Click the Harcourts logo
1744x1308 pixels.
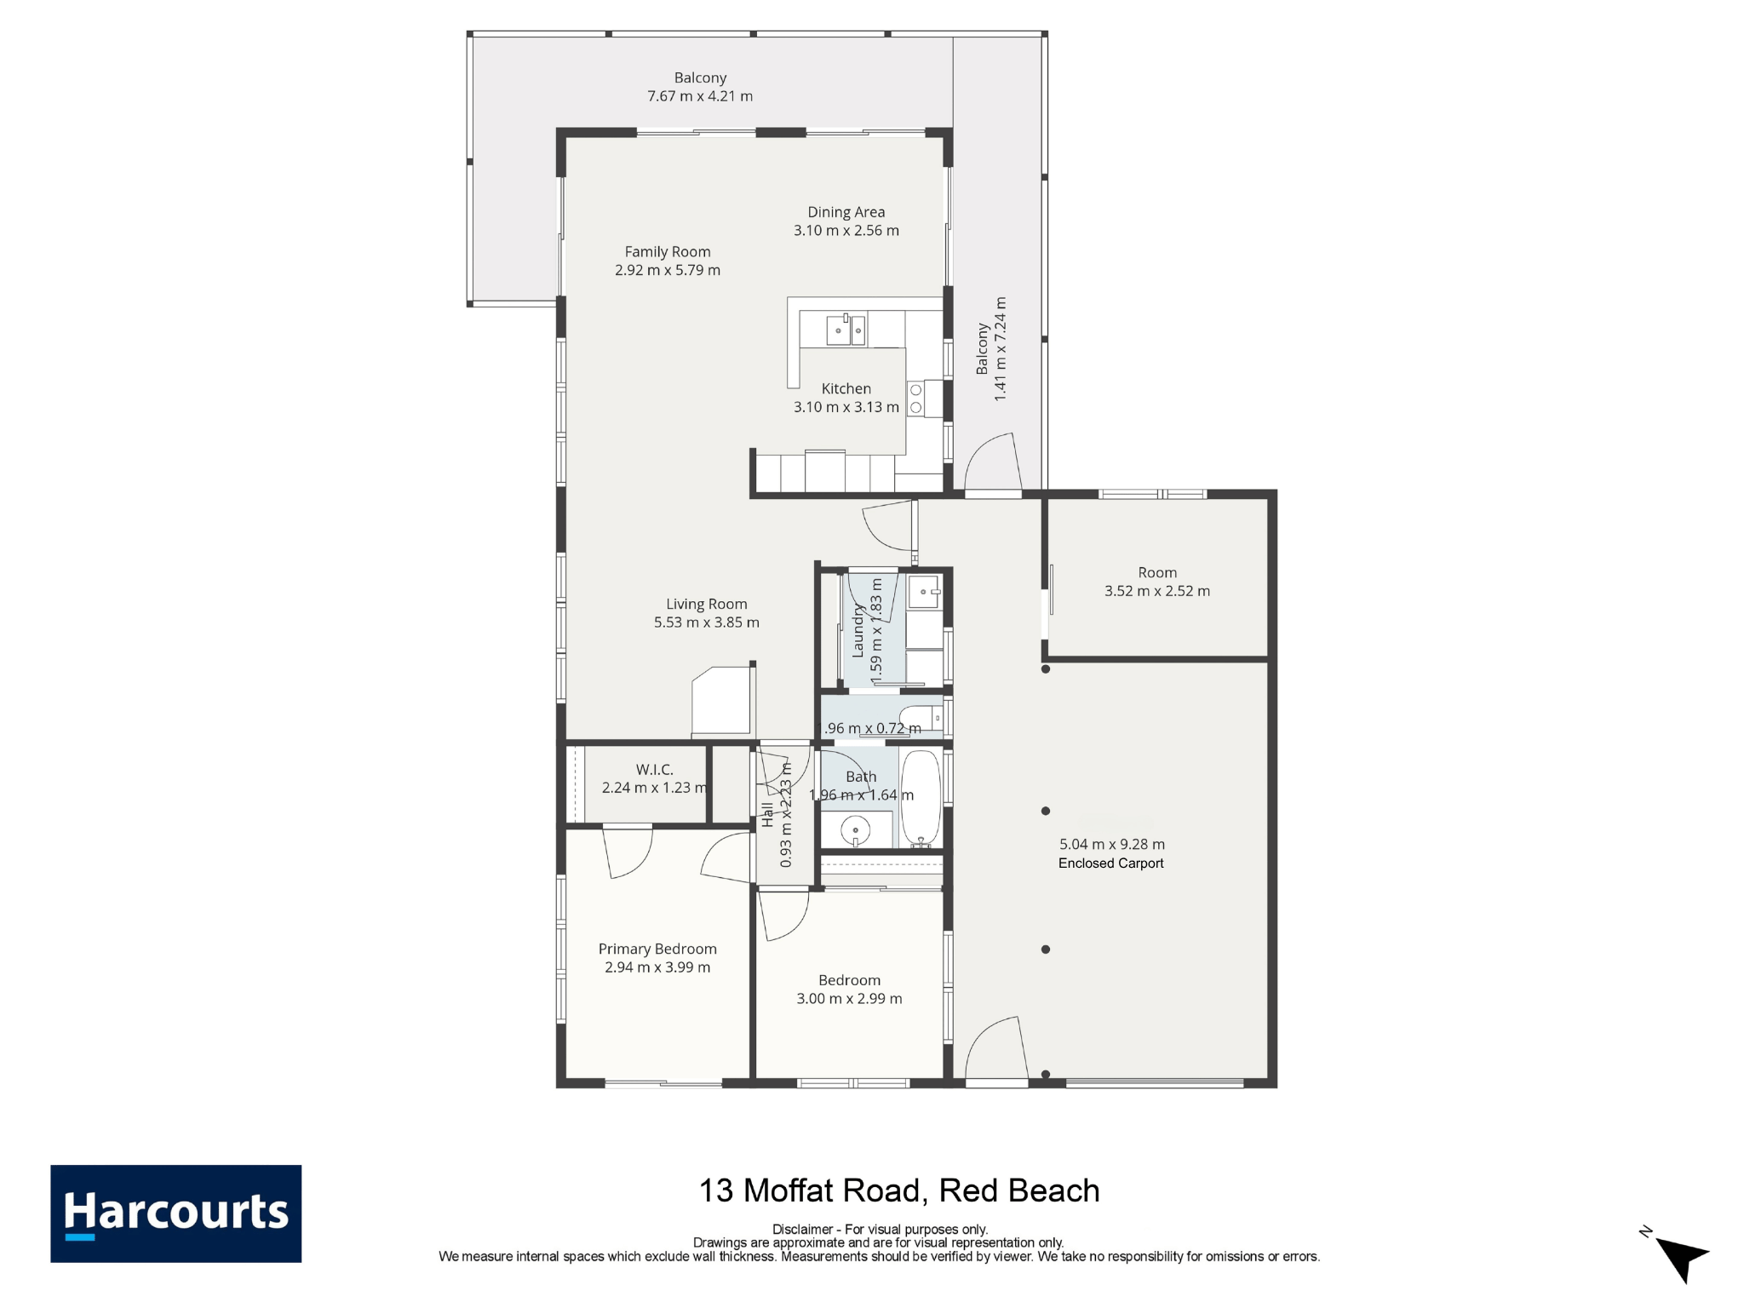tap(175, 1213)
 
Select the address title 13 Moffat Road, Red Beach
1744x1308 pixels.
tap(899, 1190)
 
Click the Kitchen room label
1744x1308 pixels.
tap(846, 388)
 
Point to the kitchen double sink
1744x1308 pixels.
tap(846, 330)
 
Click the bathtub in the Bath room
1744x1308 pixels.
tap(921, 798)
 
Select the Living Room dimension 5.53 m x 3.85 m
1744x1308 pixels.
tap(706, 622)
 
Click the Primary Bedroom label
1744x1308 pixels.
tap(657, 949)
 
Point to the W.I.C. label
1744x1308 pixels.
tap(654, 770)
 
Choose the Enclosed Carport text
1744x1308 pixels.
tap(1110, 863)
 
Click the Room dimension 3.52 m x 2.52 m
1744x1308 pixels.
tap(1156, 591)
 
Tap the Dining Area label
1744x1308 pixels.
tap(846, 212)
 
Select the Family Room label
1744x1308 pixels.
tap(667, 251)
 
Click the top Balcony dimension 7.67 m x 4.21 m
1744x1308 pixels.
tap(700, 96)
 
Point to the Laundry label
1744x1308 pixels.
tap(858, 631)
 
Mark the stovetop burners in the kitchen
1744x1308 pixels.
tap(915, 399)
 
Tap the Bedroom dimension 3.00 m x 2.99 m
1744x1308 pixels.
tap(849, 999)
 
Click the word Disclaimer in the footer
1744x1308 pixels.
tap(803, 1229)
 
